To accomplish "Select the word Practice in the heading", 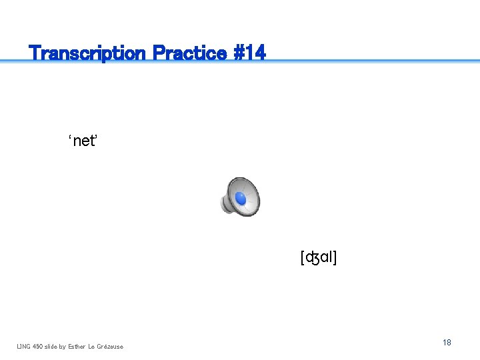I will (x=189, y=53).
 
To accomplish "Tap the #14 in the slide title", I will (x=249, y=53).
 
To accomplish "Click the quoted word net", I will (x=85, y=141).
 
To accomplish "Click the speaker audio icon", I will (x=240, y=197).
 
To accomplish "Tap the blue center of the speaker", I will (x=241, y=199).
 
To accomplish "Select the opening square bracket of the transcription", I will (x=303, y=257).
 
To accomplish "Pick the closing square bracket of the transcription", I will (x=335, y=257).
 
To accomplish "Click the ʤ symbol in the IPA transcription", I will (x=313, y=258).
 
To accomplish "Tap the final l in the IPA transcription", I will (x=331, y=257).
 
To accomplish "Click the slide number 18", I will (x=447, y=342).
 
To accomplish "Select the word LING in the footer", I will (x=24, y=346).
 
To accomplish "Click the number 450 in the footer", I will (x=39, y=346).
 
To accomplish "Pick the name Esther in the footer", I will (x=79, y=346).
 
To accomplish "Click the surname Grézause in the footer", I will (x=110, y=346).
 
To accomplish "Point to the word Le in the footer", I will (x=93, y=346).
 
